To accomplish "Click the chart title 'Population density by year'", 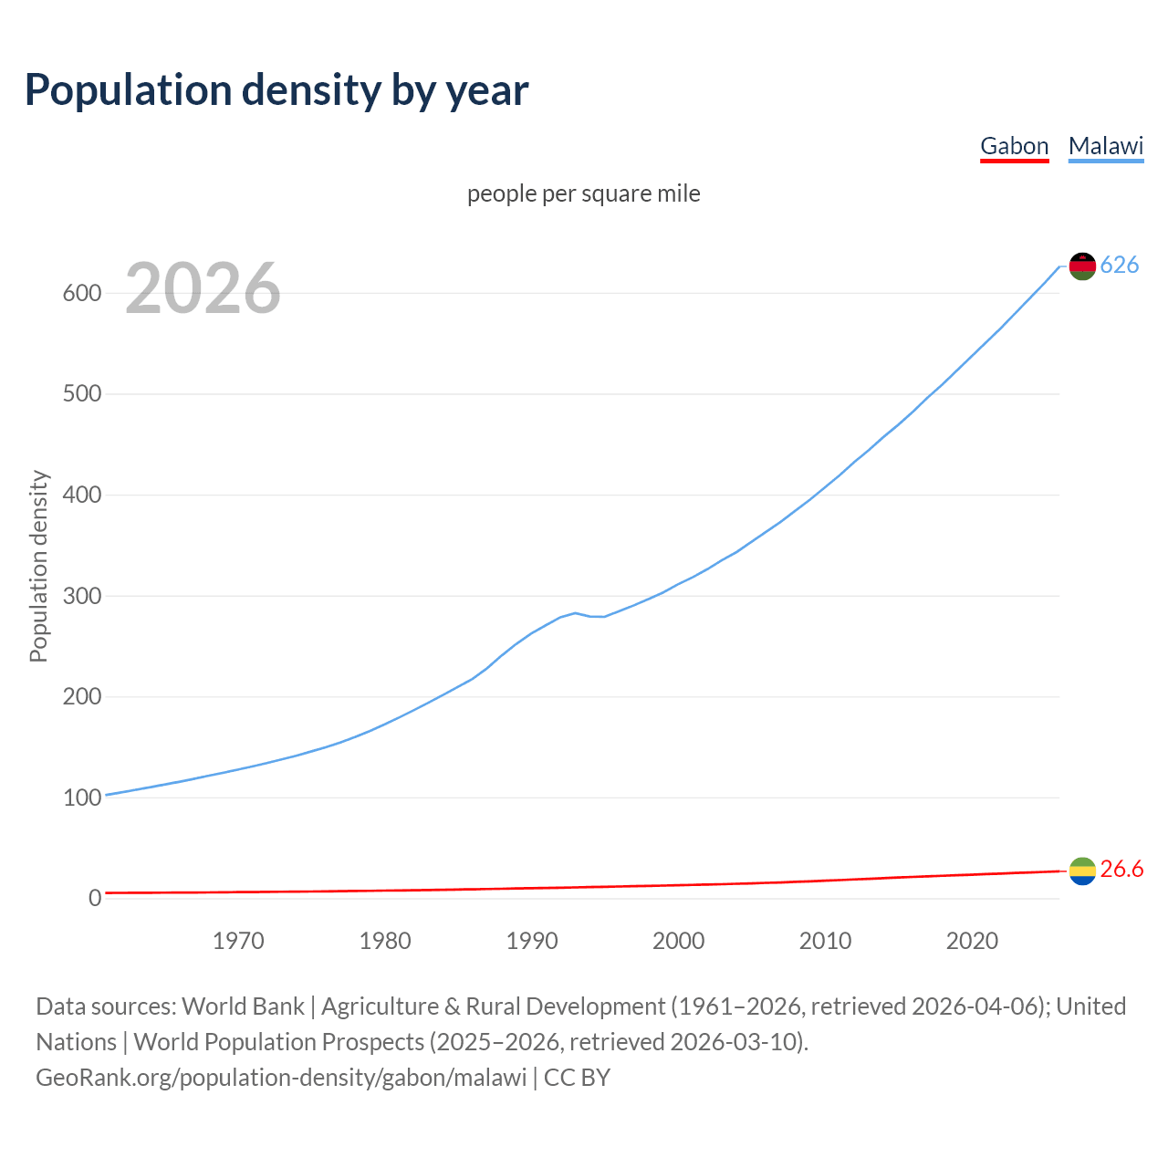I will (276, 90).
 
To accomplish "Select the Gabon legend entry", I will (1014, 146).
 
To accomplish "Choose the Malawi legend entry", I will (1105, 146).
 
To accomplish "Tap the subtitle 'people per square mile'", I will (583, 194).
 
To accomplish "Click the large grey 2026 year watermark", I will (203, 288).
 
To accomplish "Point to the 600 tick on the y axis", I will (81, 293).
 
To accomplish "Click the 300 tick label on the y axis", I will (81, 596).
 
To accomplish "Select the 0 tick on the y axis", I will (94, 898).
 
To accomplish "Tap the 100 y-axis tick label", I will (81, 798).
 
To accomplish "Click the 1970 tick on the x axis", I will (238, 941).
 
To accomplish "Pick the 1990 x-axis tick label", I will (532, 941).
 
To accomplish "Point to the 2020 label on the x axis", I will (972, 941).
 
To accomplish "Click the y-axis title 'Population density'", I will (38, 566).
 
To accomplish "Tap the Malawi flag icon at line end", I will (1082, 266).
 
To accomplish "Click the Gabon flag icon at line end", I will (1082, 871).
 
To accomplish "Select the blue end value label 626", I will (1120, 265).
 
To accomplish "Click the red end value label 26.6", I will (1121, 870).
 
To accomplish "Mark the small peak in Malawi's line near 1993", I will (575, 613).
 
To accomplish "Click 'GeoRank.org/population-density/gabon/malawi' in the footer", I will (281, 1078).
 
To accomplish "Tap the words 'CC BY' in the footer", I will (577, 1078).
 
